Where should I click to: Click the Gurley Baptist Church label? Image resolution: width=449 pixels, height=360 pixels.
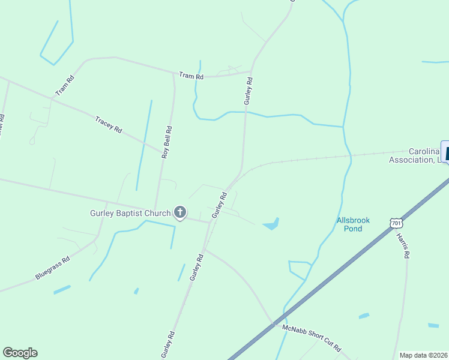tap(130, 212)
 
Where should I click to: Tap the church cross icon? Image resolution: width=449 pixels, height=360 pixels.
tap(179, 212)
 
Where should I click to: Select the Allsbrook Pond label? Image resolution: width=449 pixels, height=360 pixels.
tap(353, 224)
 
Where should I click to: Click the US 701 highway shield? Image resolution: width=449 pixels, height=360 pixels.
tap(396, 223)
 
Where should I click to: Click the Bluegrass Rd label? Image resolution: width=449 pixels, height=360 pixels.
tap(53, 268)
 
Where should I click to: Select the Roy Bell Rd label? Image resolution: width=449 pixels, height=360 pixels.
tap(167, 142)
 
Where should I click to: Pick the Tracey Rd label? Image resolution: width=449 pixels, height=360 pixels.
tap(109, 124)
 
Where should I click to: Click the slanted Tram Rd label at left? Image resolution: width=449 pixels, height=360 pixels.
tap(64, 85)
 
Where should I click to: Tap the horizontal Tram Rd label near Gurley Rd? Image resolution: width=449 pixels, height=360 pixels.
tap(191, 76)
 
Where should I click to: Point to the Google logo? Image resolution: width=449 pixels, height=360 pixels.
tap(20, 353)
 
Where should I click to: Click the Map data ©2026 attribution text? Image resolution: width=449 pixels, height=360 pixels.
tap(424, 355)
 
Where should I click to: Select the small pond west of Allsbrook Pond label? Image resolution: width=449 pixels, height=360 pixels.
tap(271, 224)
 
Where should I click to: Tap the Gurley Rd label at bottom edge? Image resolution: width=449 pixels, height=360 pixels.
tap(168, 344)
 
